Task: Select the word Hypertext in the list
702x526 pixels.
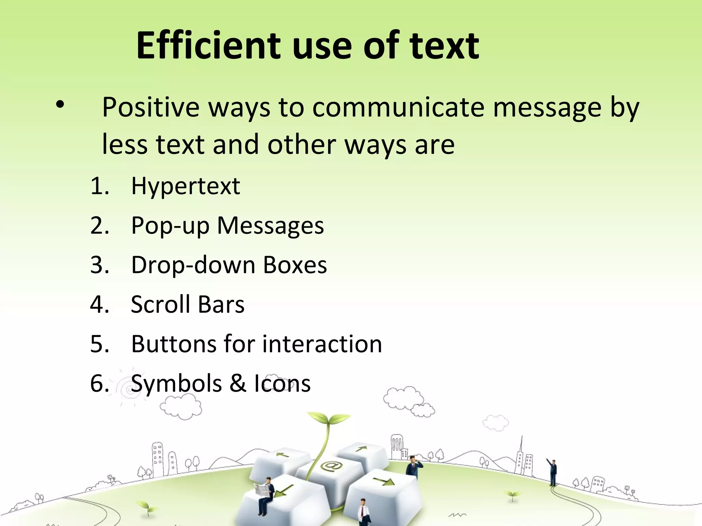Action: [185, 186]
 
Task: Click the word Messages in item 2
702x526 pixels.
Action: [270, 225]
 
